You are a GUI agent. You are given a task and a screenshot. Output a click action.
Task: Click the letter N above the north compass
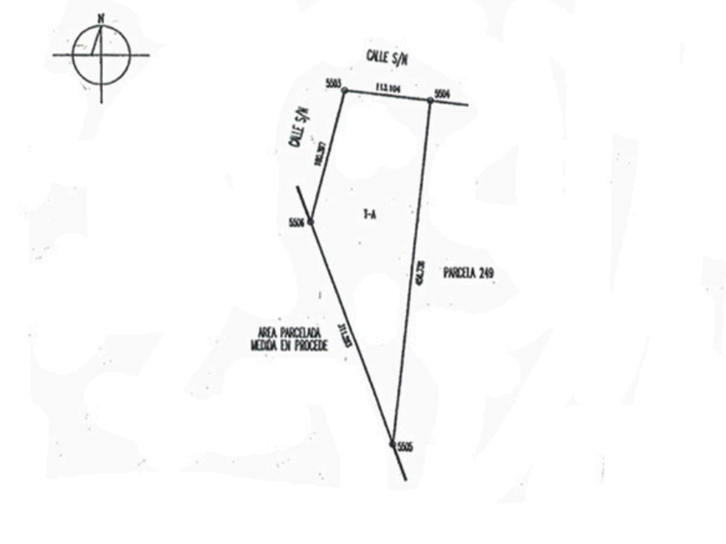pyautogui.click(x=101, y=17)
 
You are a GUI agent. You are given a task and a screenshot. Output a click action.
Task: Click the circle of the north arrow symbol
pyautogui.click(x=101, y=55)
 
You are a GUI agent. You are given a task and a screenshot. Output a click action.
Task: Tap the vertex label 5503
pyautogui.click(x=334, y=83)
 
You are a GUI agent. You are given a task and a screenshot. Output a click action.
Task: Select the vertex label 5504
pyautogui.click(x=443, y=93)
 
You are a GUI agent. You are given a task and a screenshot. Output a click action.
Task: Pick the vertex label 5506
pyautogui.click(x=297, y=222)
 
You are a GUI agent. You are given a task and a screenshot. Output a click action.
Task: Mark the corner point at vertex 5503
pyautogui.click(x=344, y=90)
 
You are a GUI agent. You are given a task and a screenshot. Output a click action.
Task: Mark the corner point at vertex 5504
pyautogui.click(x=430, y=100)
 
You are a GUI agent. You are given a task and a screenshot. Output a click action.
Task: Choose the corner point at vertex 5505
pyautogui.click(x=392, y=444)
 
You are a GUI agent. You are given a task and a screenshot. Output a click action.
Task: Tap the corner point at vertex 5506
pyautogui.click(x=310, y=222)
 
